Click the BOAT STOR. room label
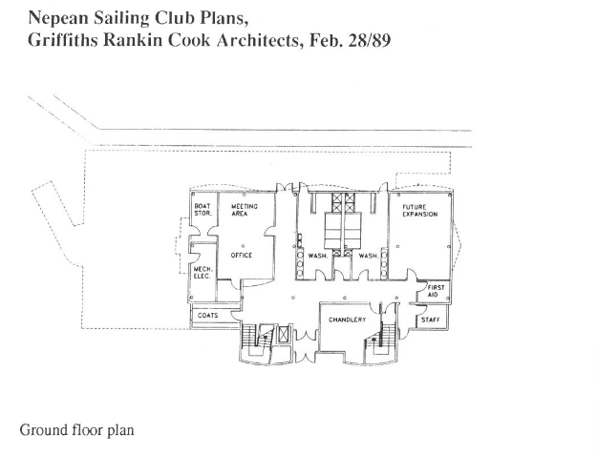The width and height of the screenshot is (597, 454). click(203, 210)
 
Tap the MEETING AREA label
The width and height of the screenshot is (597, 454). click(245, 210)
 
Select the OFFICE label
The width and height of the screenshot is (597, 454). click(242, 256)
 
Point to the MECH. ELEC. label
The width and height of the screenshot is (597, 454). click(203, 273)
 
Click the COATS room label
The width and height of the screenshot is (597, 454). click(208, 315)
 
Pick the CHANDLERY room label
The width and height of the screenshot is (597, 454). click(348, 320)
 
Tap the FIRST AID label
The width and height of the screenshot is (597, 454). click(436, 291)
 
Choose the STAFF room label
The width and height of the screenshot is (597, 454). click(431, 320)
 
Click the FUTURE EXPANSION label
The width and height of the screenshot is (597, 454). click(420, 210)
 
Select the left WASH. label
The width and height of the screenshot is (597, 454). click(318, 256)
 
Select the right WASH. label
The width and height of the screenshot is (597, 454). click(368, 256)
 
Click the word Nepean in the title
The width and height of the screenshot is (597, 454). click(58, 18)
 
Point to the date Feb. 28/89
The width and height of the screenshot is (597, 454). click(350, 40)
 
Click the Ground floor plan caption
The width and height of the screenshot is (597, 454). click(77, 430)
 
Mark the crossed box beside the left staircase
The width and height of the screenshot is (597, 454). click(284, 335)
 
